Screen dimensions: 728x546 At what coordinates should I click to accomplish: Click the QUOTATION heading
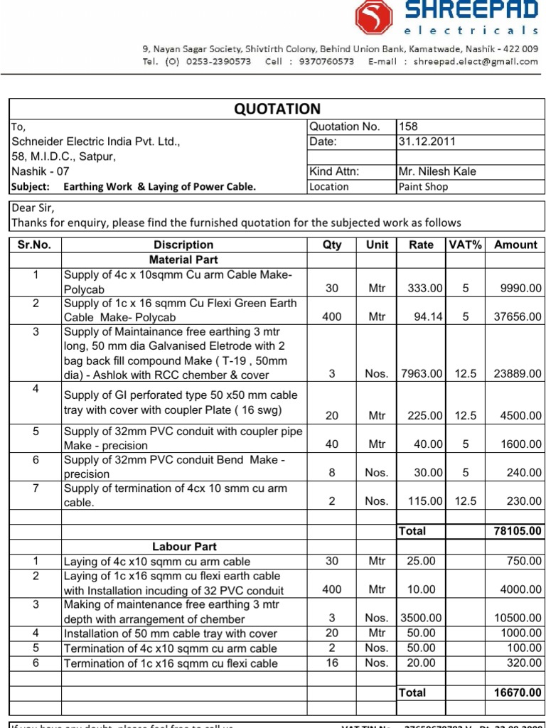pyautogui.click(x=277, y=109)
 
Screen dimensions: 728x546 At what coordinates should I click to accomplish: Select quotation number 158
pyautogui.click(x=409, y=127)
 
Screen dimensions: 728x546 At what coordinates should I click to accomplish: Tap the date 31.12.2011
pyautogui.click(x=427, y=141)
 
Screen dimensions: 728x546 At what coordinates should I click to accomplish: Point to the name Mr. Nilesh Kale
pyautogui.click(x=437, y=171)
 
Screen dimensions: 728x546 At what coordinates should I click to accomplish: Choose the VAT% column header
pyautogui.click(x=466, y=245)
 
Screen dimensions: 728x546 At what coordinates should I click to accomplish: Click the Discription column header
pyautogui.click(x=183, y=245)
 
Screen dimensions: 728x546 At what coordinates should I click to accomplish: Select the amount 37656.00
pyautogui.click(x=518, y=317)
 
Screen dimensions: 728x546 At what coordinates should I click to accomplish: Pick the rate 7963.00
pyautogui.click(x=422, y=374)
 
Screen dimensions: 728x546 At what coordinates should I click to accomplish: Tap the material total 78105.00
pyautogui.click(x=517, y=531)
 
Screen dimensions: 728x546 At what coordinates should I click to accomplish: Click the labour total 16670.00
pyautogui.click(x=517, y=692)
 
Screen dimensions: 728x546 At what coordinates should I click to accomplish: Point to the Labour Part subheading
pyautogui.click(x=184, y=547)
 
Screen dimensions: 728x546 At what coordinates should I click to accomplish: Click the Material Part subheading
pyautogui.click(x=183, y=259)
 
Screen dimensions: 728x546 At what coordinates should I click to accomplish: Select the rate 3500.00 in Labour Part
pyautogui.click(x=421, y=618)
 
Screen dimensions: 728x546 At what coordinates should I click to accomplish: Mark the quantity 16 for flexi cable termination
pyautogui.click(x=331, y=663)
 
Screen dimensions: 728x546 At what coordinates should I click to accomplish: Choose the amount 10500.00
pyautogui.click(x=518, y=618)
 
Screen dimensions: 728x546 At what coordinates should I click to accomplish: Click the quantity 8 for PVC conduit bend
pyautogui.click(x=331, y=473)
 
